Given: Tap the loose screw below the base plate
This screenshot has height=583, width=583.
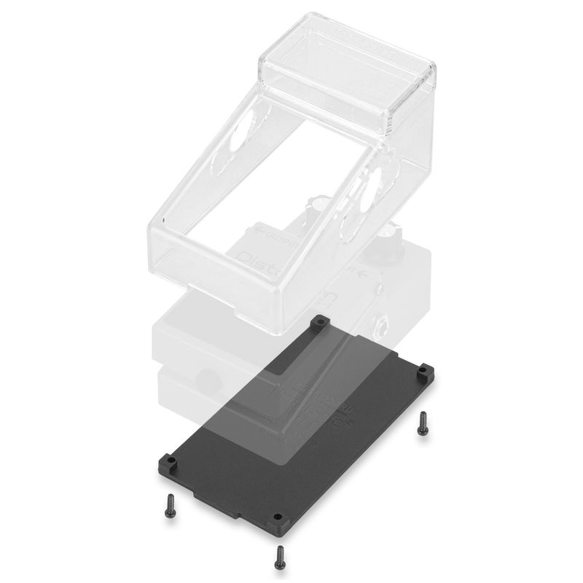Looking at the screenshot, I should [278, 557].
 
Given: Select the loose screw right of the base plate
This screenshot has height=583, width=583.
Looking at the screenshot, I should [421, 423].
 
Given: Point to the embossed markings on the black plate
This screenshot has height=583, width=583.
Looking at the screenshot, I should [321, 408].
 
